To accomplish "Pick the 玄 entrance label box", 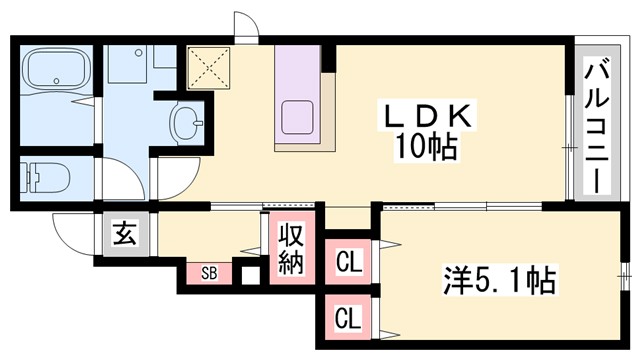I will click(x=122, y=236).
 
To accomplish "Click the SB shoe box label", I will click(x=208, y=271).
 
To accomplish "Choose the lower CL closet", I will click(x=348, y=320).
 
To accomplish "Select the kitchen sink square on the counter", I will click(x=301, y=118).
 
